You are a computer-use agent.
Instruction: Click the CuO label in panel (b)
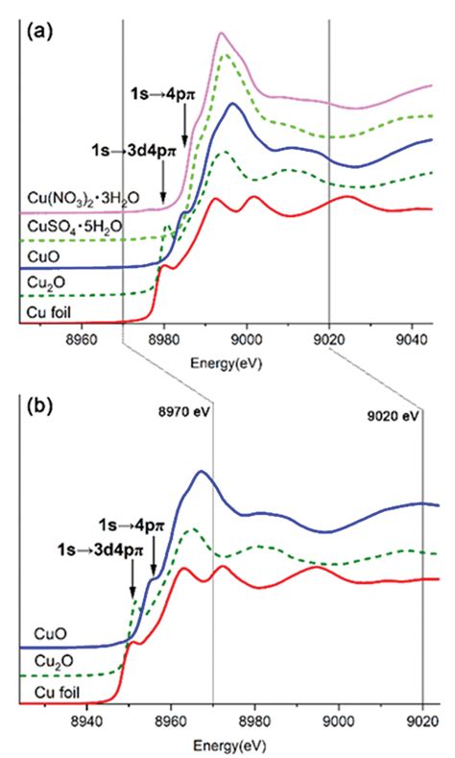40,634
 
